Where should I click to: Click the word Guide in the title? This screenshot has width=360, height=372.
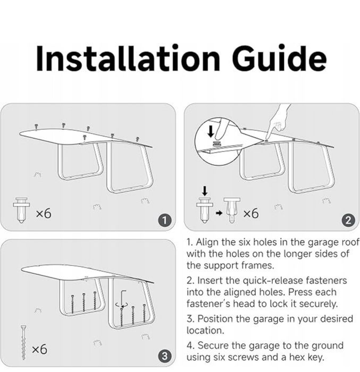(279, 58)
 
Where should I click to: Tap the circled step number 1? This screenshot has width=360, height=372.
(164, 221)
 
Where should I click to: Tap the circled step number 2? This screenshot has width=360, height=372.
(348, 221)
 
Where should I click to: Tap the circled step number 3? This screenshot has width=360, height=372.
(164, 356)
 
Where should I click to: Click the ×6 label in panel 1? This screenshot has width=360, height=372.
(44, 213)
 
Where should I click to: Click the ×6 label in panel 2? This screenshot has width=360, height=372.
(251, 213)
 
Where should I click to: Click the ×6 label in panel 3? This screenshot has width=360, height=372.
(39, 349)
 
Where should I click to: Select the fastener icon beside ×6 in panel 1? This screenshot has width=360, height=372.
(21, 210)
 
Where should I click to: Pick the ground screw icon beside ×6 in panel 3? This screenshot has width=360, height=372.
(23, 342)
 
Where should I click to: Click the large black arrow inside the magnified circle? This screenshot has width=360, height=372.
(211, 131)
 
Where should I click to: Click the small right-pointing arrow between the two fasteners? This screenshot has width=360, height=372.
(219, 213)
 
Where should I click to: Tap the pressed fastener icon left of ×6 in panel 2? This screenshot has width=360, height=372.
(231, 210)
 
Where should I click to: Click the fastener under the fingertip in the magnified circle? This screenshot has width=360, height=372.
(216, 143)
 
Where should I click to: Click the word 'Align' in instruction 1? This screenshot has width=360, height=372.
(207, 242)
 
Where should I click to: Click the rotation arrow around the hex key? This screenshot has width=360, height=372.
(122, 305)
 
